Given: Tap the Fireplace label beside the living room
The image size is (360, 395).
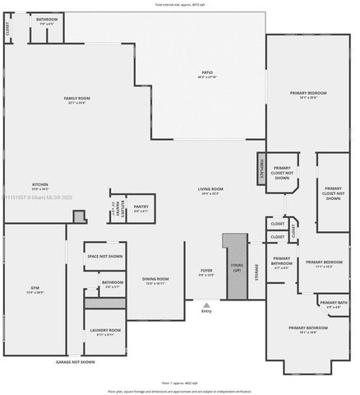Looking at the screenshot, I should [261, 164].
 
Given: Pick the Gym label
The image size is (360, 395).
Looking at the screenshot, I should [35, 289].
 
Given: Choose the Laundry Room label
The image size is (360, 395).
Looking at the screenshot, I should [104, 332].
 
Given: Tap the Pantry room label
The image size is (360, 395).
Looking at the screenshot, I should [140, 208].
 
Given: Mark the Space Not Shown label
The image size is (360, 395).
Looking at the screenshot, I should [104, 256].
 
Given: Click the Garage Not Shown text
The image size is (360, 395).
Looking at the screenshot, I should [75, 362].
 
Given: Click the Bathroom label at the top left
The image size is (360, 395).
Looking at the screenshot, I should [47, 20].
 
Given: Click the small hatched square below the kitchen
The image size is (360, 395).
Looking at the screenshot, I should [79, 216].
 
